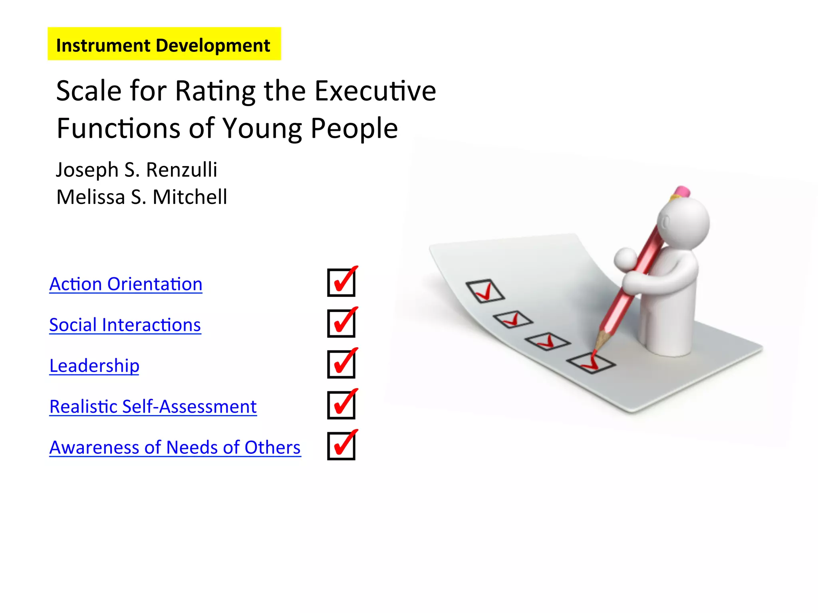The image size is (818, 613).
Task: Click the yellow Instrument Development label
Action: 164,44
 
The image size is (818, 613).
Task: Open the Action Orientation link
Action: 126,284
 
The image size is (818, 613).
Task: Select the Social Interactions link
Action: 125,325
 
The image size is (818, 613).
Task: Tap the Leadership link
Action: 94,366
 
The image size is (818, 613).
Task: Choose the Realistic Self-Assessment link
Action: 153,407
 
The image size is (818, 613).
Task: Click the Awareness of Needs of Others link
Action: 175,447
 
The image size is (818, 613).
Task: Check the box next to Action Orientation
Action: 341,283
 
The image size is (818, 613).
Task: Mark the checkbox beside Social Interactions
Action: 341,323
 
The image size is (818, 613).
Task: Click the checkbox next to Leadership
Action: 341,364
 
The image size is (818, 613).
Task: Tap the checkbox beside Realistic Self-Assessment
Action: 341,405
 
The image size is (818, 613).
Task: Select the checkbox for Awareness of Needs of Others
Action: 341,446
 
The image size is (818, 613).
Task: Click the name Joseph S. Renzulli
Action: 137,170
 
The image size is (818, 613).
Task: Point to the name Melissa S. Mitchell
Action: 142,197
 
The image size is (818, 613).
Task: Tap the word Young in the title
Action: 262,129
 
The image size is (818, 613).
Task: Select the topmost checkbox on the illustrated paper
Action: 485,291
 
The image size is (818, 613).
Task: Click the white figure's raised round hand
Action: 625,259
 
